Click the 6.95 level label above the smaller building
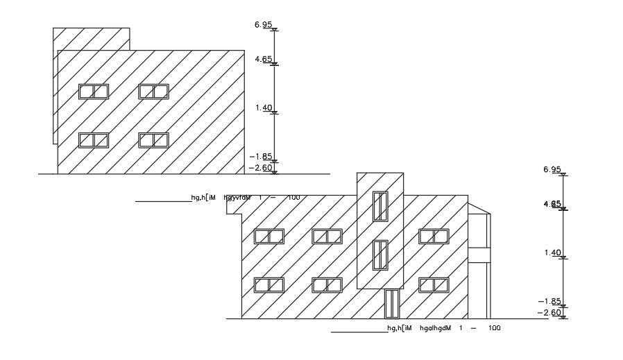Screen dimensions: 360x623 click(x=262, y=25)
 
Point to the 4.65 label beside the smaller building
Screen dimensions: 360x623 click(x=263, y=60)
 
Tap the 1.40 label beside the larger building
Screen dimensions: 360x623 click(x=552, y=252)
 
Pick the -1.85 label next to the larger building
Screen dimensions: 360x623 click(x=550, y=301)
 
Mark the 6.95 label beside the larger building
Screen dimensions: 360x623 click(x=552, y=169)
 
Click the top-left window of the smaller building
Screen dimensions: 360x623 click(x=94, y=92)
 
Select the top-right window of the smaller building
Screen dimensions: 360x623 click(x=153, y=92)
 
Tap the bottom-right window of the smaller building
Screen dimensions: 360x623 click(x=153, y=140)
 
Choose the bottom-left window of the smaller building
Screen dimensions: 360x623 click(x=94, y=140)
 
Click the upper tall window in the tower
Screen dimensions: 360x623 click(x=380, y=206)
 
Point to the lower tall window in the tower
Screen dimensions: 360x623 click(x=380, y=255)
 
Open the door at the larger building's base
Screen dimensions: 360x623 click(x=392, y=304)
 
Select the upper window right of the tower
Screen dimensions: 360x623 click(x=434, y=237)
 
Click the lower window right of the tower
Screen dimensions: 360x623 click(x=434, y=284)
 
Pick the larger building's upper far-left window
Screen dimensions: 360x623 click(x=269, y=237)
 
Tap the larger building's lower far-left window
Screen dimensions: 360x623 click(x=269, y=284)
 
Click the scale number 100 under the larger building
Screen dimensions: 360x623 click(x=494, y=328)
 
